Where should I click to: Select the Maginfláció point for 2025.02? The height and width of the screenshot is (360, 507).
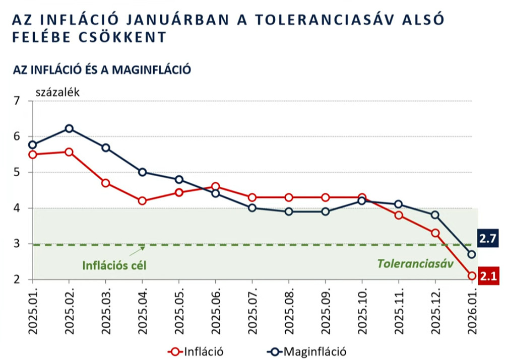tap(70, 128)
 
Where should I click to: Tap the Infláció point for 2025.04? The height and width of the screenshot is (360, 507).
tap(142, 201)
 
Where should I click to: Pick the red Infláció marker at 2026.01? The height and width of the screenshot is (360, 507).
tap(472, 275)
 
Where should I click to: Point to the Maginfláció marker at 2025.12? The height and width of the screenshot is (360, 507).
tap(435, 215)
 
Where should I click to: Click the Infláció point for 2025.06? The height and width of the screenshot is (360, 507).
tap(215, 186)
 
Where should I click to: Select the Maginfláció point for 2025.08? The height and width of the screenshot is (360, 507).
tap(289, 211)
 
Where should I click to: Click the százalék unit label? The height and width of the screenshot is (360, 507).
tap(57, 92)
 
